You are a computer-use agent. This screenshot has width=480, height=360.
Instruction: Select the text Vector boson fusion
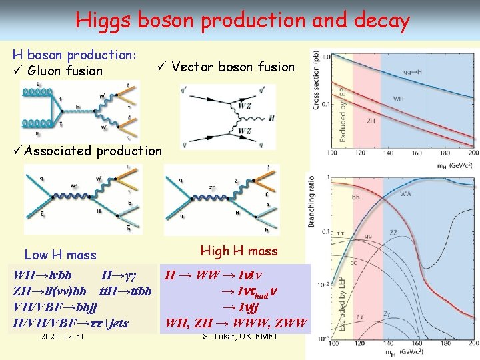pyautogui.click(x=233, y=67)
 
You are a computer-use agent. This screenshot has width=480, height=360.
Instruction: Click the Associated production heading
pyautogui.click(x=93, y=151)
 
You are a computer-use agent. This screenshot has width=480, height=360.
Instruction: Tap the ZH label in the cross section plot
pyautogui.click(x=371, y=121)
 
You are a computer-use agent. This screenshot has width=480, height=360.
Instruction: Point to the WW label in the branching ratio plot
pyautogui.click(x=406, y=194)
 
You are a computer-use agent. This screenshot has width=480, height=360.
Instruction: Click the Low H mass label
pyautogui.click(x=60, y=255)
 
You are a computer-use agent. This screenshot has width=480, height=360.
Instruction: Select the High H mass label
pyautogui.click(x=239, y=251)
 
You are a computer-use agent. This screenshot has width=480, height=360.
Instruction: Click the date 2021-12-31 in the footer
pyautogui.click(x=62, y=336)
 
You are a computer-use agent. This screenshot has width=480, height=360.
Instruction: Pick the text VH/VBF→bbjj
pyautogui.click(x=55, y=307)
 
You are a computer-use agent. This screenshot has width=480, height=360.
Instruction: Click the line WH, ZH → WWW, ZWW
pyautogui.click(x=237, y=323)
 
